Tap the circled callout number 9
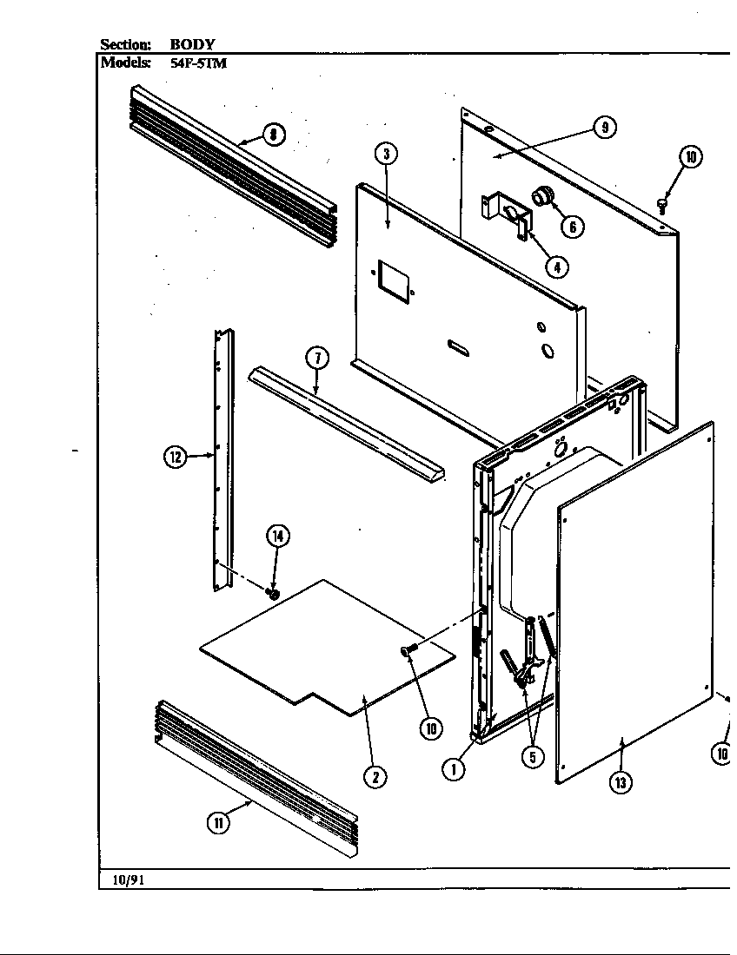[605, 127]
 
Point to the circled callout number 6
[572, 227]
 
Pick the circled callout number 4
[556, 267]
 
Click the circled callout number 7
[316, 357]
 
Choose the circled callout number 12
[176, 458]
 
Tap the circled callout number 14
[277, 536]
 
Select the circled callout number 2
[375, 776]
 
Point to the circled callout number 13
[620, 782]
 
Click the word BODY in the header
[193, 44]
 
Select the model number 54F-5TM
[198, 63]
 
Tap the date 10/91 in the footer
[128, 879]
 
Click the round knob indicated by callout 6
[543, 196]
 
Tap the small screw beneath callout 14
[272, 594]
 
